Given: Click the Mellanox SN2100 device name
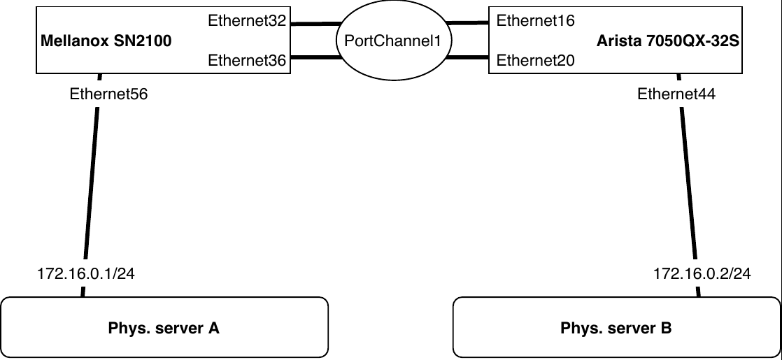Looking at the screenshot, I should (106, 41).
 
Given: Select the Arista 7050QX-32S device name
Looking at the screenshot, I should (668, 41).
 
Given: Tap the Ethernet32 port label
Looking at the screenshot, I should (247, 21).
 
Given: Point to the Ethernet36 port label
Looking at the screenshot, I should (247, 61).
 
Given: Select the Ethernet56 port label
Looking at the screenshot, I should (108, 94).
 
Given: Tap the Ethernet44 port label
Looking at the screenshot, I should (676, 94).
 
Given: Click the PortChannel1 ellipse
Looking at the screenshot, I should (392, 42).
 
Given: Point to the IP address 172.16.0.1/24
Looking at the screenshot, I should (86, 274).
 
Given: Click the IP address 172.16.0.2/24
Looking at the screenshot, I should (702, 274).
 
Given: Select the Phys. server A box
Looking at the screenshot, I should (164, 328).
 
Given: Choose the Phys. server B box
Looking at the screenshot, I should (616, 328).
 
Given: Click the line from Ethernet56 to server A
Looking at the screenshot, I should (92, 182).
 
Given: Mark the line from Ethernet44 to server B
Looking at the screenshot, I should (688, 182).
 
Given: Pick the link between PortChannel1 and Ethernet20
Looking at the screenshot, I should (467, 58).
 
